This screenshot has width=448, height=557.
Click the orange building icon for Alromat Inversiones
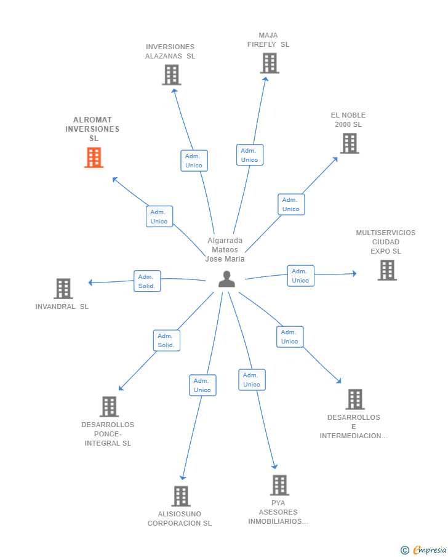click(x=94, y=158)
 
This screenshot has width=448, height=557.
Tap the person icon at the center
click(x=226, y=279)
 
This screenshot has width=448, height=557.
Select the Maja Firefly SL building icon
click(x=269, y=63)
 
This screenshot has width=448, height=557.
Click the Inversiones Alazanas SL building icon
click(x=171, y=74)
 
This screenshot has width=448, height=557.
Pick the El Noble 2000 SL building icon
click(x=349, y=143)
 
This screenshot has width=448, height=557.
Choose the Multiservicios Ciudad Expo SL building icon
click(x=386, y=270)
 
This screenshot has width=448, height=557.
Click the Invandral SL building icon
click(x=63, y=288)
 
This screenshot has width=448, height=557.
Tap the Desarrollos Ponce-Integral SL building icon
click(x=109, y=406)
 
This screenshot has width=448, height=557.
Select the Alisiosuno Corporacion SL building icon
click(x=180, y=496)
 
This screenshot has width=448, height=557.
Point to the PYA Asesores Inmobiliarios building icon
click(x=279, y=485)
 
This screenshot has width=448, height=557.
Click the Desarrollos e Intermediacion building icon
click(x=354, y=399)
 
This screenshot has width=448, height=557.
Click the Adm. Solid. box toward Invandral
click(x=147, y=281)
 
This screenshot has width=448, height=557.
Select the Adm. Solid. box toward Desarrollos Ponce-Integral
click(x=166, y=340)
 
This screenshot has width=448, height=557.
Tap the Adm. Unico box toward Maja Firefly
click(x=249, y=155)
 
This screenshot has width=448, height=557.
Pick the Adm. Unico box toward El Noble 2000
click(x=290, y=204)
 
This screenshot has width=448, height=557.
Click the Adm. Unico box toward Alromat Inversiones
click(x=159, y=217)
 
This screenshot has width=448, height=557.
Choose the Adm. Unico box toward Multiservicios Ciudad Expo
click(x=300, y=276)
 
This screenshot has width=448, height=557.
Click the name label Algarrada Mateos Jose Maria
click(x=225, y=249)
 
